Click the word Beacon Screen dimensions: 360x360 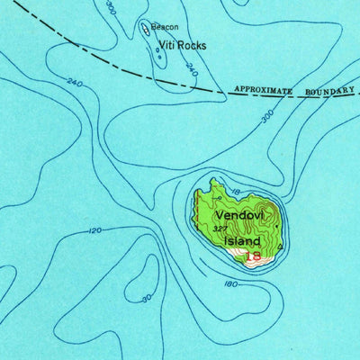click(165, 27)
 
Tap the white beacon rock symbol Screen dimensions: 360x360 click(146, 29)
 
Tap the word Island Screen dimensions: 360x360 click(243, 241)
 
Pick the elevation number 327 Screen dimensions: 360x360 click(220, 229)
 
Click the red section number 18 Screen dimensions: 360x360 click(254, 256)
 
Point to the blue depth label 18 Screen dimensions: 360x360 click(236, 192)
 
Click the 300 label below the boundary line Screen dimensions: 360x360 click(266, 118)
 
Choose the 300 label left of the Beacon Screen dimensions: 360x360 click(111, 8)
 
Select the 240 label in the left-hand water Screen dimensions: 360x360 click(73, 84)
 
